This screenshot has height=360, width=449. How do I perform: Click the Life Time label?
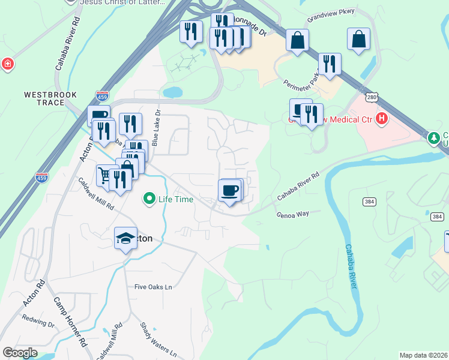(x=176, y=199)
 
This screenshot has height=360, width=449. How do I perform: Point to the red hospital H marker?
(x=381, y=119)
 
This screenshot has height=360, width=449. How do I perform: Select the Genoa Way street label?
(x=292, y=214)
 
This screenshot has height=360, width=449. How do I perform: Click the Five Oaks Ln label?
(x=153, y=287)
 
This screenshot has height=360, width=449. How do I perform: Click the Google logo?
(x=20, y=352)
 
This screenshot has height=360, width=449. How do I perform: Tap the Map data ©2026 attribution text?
(x=424, y=355)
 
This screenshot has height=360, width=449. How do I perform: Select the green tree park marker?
(x=433, y=139)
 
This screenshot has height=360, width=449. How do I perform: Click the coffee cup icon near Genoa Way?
(x=230, y=191)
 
